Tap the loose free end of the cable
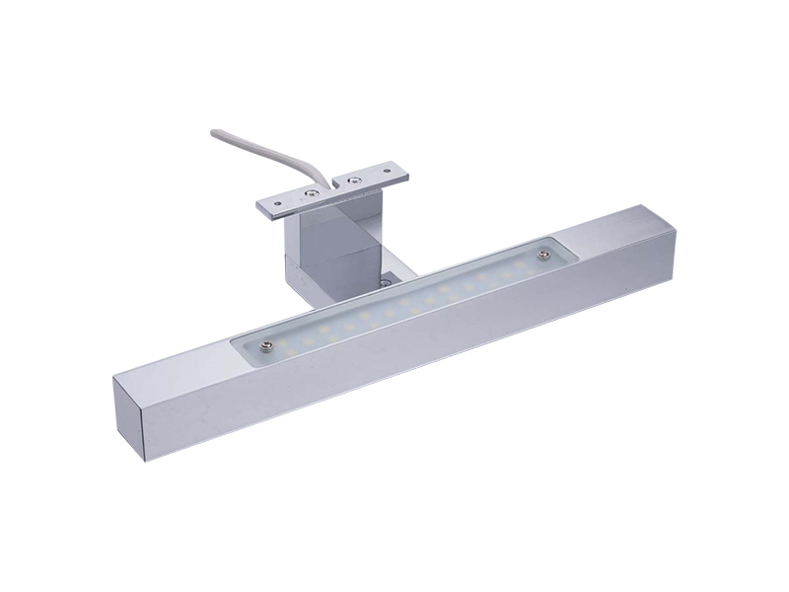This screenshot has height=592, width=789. tap(213, 132)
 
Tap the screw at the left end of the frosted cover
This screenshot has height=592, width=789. tap(265, 344)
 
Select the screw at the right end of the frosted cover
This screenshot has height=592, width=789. tap(542, 258)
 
